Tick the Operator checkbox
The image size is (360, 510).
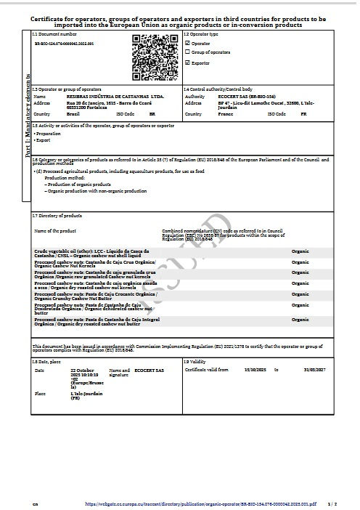187,44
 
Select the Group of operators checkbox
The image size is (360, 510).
187,53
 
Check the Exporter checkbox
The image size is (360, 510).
187,63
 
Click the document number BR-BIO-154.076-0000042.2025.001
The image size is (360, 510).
65,44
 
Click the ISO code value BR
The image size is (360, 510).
152,114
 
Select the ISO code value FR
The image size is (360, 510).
303,114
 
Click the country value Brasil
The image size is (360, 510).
73,114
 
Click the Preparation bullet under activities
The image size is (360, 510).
49,134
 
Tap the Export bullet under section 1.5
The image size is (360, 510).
43,139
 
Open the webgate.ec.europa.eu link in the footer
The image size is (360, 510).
198,502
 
